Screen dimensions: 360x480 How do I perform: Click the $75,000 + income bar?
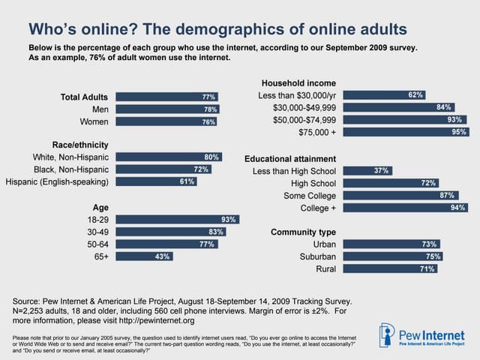coord(406,132)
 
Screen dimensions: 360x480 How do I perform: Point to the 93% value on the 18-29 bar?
coord(229,220)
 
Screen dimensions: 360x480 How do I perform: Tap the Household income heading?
coord(298,82)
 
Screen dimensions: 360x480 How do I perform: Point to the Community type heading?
coord(303,232)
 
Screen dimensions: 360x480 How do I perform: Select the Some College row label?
coord(309,195)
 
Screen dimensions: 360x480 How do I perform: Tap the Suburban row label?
coord(315,256)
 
